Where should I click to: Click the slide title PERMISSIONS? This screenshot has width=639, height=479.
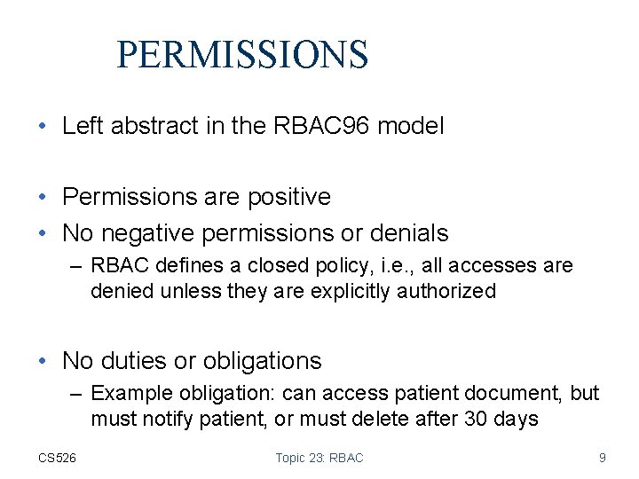[x=241, y=54]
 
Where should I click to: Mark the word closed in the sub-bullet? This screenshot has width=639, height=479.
[x=258, y=266]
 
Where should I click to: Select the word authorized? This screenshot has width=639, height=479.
[x=445, y=291]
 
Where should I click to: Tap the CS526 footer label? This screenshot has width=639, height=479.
[x=57, y=458]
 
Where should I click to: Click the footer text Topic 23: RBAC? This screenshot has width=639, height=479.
[x=319, y=458]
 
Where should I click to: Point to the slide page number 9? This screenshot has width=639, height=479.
[x=603, y=458]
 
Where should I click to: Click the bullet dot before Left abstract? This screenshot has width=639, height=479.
[x=43, y=126]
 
